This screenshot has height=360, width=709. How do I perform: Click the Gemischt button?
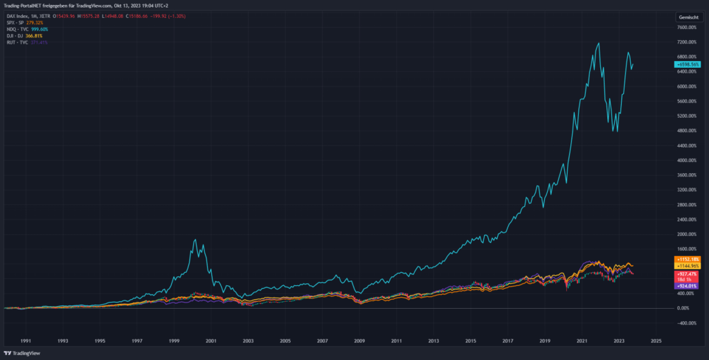(688, 16)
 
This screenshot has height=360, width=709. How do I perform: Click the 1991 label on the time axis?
(25, 341)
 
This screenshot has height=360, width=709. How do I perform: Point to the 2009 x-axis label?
(359, 341)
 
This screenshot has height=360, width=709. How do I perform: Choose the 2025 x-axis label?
(656, 341)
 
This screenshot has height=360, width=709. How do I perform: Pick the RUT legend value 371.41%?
(39, 42)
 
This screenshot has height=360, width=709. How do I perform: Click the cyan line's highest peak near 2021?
(598, 43)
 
